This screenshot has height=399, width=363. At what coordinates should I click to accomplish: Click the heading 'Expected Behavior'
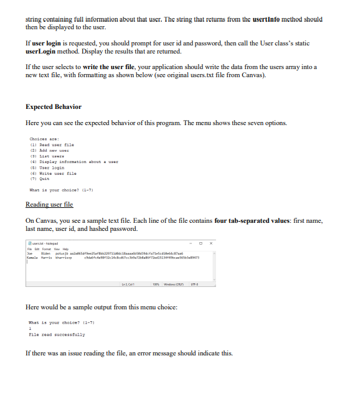tap(54, 106)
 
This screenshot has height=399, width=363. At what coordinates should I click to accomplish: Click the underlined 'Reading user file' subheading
tap(49, 204)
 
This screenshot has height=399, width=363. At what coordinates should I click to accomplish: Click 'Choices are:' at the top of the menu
tap(44, 138)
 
